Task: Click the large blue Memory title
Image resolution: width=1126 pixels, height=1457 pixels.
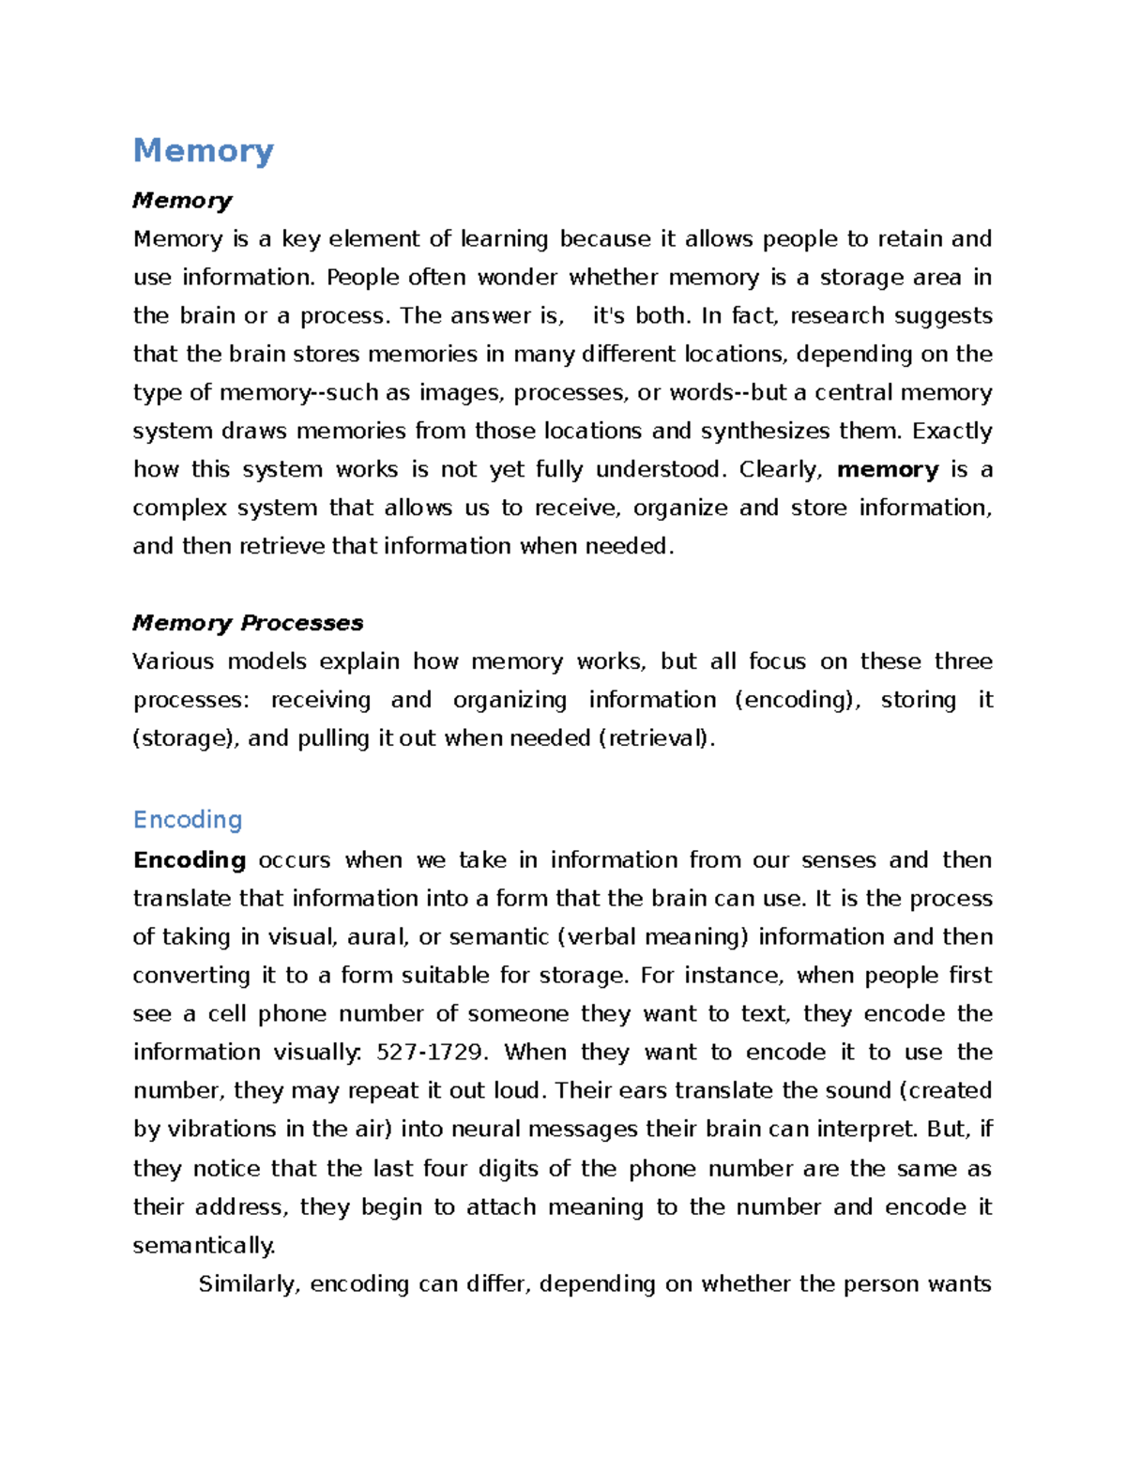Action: pyautogui.click(x=204, y=150)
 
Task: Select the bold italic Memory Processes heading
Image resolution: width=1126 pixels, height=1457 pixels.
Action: pyautogui.click(x=248, y=623)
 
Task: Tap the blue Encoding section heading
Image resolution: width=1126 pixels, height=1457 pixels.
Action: pyautogui.click(x=188, y=820)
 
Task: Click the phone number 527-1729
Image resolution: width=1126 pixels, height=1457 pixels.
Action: pyautogui.click(x=431, y=1053)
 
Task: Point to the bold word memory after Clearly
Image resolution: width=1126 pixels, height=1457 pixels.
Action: pyautogui.click(x=888, y=469)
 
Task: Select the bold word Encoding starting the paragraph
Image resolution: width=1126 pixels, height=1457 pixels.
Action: pyautogui.click(x=190, y=860)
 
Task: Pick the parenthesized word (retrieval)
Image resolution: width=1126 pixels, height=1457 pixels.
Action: pyautogui.click(x=656, y=738)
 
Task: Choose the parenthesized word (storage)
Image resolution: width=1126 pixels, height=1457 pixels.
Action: pyautogui.click(x=187, y=738)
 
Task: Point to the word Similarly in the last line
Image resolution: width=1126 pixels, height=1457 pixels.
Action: pyautogui.click(x=250, y=1284)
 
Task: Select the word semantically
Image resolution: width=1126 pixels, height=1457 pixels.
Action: pyautogui.click(x=204, y=1246)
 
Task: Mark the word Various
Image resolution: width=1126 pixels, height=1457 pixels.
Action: pyautogui.click(x=174, y=661)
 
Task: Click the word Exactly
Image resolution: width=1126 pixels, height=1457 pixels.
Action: pyautogui.click(x=951, y=432)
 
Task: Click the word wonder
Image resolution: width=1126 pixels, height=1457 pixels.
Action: pyautogui.click(x=517, y=278)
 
